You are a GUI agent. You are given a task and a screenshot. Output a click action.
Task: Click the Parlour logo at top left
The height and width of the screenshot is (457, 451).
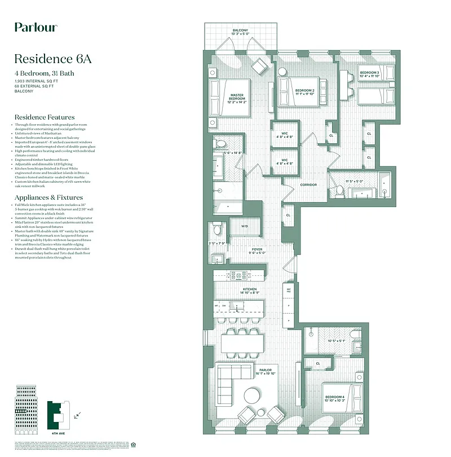(36, 27)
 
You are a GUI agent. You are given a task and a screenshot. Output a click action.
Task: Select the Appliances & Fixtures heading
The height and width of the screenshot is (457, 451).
(49, 198)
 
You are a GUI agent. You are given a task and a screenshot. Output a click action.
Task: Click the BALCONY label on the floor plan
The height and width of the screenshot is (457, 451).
(240, 30)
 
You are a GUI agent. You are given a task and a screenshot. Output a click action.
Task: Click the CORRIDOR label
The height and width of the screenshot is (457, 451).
(308, 184)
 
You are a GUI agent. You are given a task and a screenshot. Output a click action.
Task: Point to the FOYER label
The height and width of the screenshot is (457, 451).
(257, 249)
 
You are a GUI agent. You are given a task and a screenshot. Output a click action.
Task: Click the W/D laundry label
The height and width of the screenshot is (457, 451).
(245, 226)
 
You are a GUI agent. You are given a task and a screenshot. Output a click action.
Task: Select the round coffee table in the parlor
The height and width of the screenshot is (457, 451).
(252, 394)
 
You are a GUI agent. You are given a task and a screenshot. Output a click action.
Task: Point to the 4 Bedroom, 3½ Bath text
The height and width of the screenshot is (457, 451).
(45, 73)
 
